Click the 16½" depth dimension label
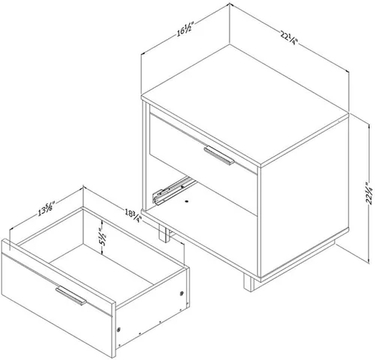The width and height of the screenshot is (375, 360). [x=185, y=30]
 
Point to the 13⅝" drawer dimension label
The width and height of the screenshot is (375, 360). [x=46, y=209]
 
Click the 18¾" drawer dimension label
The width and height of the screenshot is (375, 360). [x=133, y=215]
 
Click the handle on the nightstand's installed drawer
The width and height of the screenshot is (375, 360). [x=219, y=155]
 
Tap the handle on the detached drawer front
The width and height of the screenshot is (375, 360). [x=71, y=295]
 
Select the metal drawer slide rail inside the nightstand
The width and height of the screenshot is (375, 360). [x=175, y=190]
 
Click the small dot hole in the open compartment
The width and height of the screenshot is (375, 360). [x=186, y=201]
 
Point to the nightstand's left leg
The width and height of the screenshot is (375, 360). [x=165, y=233]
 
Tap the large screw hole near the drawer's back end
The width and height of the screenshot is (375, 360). [x=182, y=293]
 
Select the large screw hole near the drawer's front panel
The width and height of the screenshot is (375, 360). [x=118, y=330]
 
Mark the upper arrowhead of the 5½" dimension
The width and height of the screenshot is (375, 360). [x=102, y=222]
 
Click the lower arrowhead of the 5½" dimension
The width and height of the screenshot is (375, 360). [x=102, y=252]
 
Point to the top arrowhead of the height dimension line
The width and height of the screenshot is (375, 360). [x=369, y=128]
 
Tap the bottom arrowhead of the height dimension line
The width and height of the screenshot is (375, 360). [x=369, y=260]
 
